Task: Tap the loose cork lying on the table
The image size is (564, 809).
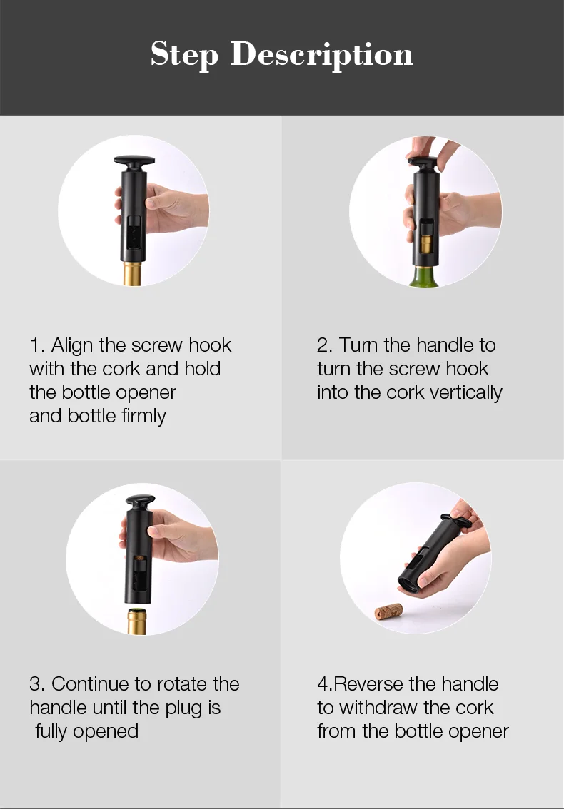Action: pyautogui.click(x=388, y=611)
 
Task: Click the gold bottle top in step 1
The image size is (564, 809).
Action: pyautogui.click(x=133, y=273)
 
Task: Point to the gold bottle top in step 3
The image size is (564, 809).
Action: pyautogui.click(x=137, y=621)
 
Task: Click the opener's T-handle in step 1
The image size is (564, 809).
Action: pyautogui.click(x=134, y=164)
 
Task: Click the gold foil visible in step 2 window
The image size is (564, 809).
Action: pyautogui.click(x=426, y=244)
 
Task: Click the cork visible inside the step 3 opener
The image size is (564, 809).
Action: pyautogui.click(x=139, y=559)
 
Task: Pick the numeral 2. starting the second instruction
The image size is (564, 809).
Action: pyautogui.click(x=325, y=345)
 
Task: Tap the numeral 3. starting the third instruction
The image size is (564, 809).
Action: pyautogui.click(x=37, y=684)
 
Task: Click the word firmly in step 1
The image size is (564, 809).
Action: pyautogui.click(x=143, y=417)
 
